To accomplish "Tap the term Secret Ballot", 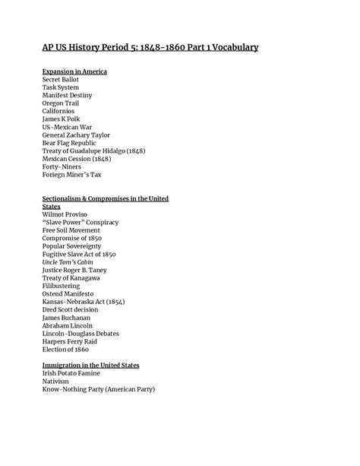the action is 61,79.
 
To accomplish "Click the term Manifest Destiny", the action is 67,95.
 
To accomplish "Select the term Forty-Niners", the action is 62,166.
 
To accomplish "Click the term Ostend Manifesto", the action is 68,293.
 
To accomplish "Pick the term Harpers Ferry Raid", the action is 71,341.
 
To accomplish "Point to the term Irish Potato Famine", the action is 71,373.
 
